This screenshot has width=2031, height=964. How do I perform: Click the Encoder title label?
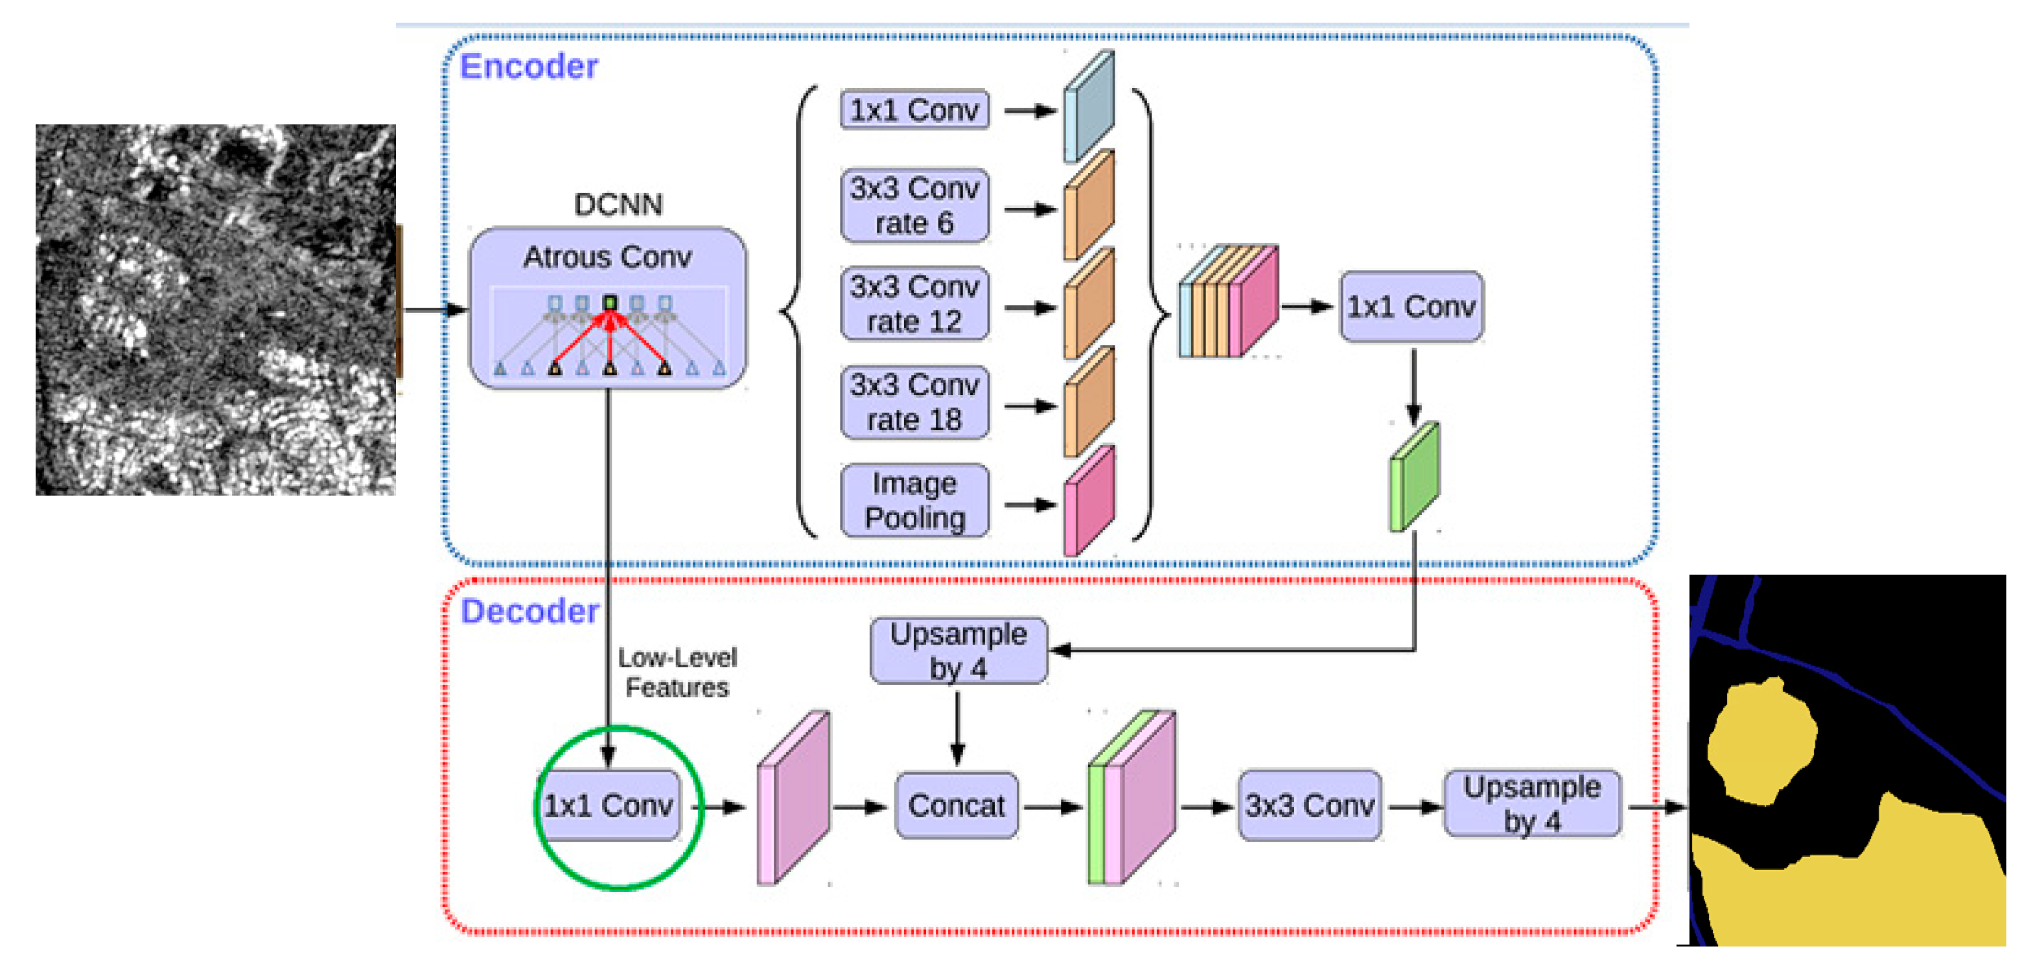pos(528,66)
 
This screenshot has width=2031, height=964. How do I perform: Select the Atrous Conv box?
pos(608,308)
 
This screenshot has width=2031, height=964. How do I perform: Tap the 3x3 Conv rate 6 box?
pos(914,206)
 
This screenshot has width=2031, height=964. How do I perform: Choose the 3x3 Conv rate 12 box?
pos(914,304)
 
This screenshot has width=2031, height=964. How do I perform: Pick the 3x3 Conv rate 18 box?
pos(914,403)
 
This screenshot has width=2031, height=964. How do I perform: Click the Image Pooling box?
pos(914,501)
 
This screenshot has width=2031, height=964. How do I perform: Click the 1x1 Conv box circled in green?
pos(608,805)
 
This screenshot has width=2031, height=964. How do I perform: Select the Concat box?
pos(957,805)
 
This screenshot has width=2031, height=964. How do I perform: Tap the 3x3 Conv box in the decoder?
pos(1310,805)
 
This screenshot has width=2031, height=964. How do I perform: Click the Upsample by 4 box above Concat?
pos(958,651)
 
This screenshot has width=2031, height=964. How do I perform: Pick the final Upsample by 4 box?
pos(1532,804)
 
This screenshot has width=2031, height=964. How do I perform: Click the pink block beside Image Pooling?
pos(1089,501)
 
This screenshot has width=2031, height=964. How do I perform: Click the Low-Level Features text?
pos(677,672)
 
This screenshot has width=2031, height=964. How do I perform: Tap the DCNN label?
pos(618,205)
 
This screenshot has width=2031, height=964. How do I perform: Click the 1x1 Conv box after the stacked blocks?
pos(1411,306)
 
